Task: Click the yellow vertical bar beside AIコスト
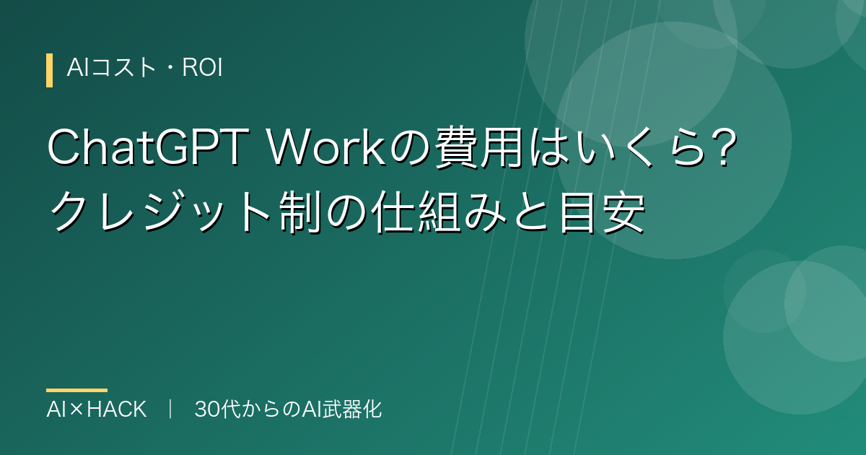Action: point(50,71)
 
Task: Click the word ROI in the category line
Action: point(202,68)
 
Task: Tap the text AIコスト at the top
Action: point(112,68)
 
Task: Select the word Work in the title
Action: point(327,148)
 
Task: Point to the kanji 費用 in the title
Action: point(479,149)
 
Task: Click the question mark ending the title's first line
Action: point(724,147)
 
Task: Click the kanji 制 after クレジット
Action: point(300,212)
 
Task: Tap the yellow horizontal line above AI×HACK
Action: point(77,391)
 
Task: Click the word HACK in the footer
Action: point(117,409)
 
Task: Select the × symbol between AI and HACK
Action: point(76,409)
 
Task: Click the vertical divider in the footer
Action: point(170,409)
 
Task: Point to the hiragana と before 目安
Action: point(533,212)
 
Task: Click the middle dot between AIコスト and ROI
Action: point(170,68)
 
